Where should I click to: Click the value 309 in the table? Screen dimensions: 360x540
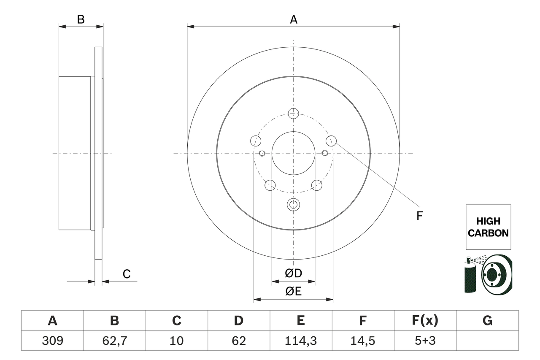click(x=52, y=341)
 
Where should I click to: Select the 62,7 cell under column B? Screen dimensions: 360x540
click(x=114, y=341)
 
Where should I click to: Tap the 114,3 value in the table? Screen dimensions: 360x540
click(x=300, y=341)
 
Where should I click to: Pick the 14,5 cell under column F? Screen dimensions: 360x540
click(x=362, y=341)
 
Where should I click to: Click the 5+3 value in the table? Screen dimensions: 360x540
click(x=424, y=341)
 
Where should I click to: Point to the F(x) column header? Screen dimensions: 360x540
click(x=424, y=321)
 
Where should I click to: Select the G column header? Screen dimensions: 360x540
click(x=487, y=321)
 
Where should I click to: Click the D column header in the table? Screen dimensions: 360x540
click(x=238, y=321)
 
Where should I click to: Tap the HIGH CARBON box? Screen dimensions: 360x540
click(x=488, y=227)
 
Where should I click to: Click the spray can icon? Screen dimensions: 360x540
click(x=470, y=276)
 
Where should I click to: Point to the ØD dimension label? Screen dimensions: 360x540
click(x=293, y=273)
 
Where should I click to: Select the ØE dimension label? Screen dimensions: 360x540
click(x=293, y=292)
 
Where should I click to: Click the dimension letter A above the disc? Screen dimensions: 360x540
click(x=293, y=19)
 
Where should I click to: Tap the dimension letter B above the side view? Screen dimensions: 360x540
click(x=81, y=19)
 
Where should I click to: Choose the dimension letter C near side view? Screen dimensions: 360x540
click(x=127, y=274)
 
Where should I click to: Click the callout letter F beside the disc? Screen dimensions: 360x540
click(x=419, y=216)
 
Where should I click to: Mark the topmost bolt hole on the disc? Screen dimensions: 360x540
click(x=293, y=113)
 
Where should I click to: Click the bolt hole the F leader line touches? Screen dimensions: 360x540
click(x=331, y=141)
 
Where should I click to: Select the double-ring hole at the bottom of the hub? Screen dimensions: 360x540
click(x=293, y=205)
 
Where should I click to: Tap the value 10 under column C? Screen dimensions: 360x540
click(x=176, y=341)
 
